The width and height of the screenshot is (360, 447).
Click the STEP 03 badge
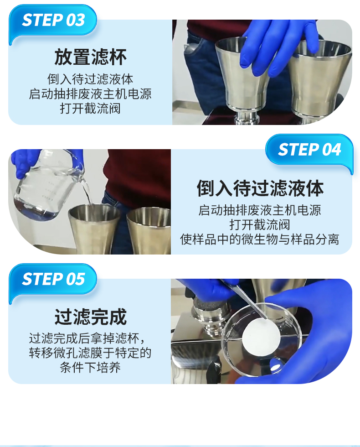(x=53, y=21)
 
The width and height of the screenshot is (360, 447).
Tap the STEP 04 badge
(x=309, y=150)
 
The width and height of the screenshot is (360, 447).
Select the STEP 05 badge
(x=53, y=279)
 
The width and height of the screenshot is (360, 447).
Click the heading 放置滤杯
(x=90, y=57)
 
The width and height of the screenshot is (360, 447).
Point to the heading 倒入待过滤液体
(x=260, y=188)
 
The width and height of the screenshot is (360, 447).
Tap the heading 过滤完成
(x=90, y=317)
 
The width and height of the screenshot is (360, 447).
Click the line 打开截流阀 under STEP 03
(x=90, y=109)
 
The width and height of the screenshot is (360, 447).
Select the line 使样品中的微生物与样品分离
(x=260, y=239)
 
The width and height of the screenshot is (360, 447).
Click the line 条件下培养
(x=90, y=368)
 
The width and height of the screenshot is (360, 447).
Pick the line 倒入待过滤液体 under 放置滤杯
(x=90, y=79)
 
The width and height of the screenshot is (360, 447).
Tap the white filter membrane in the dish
(x=261, y=337)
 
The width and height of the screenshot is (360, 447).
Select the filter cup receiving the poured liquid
(x=94, y=229)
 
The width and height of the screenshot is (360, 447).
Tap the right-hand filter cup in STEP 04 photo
(x=149, y=231)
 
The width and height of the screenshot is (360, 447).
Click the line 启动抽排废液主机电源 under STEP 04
(x=260, y=210)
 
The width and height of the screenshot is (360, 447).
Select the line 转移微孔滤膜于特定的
(x=90, y=353)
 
